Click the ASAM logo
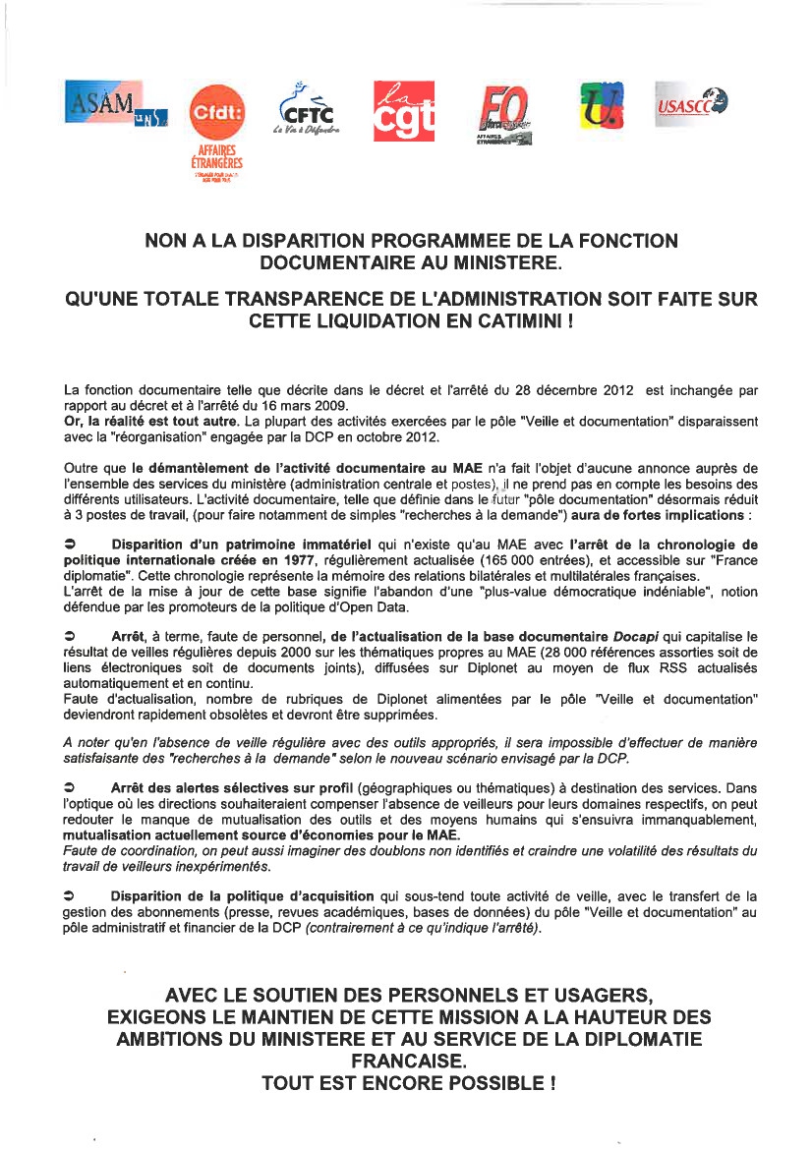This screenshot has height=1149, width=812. (x=116, y=101)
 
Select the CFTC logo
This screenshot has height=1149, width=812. (x=307, y=109)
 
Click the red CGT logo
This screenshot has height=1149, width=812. (x=404, y=110)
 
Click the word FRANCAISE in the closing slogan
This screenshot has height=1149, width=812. (x=407, y=1062)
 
